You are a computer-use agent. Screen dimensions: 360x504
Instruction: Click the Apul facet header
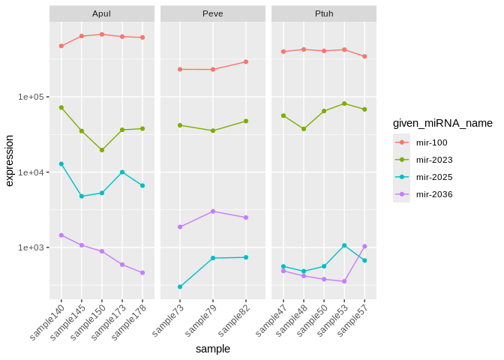tap(101, 13)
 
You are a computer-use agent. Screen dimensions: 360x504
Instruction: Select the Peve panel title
tap(212, 13)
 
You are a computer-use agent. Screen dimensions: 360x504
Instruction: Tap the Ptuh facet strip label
tap(324, 13)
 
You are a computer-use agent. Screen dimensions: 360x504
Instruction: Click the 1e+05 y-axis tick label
tap(28, 97)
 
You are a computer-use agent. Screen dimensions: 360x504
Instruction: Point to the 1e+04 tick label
tap(28, 172)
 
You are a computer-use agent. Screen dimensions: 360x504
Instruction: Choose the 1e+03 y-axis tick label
tap(28, 247)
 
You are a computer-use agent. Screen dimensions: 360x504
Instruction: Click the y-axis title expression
tap(10, 160)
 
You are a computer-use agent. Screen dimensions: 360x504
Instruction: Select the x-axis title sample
tap(212, 349)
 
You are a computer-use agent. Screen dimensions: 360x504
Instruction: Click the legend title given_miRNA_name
tap(442, 123)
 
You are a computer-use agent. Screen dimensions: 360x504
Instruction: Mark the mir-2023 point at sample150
tap(102, 150)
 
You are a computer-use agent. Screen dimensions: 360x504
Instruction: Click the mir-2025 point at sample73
tap(180, 286)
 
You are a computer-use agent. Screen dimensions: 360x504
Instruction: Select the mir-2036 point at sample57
tap(364, 246)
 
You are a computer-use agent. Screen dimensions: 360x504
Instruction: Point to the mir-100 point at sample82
tap(246, 61)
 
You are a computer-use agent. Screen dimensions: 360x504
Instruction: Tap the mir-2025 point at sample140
tap(61, 163)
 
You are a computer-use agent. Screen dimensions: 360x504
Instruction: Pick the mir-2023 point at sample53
tap(344, 103)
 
